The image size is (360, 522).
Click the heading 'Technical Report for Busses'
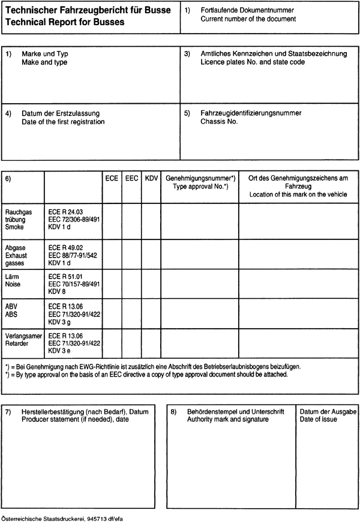click(x=64, y=22)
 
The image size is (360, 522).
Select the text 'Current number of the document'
click(x=248, y=19)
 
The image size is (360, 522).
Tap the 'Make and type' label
click(x=44, y=62)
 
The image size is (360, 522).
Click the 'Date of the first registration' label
click(x=63, y=122)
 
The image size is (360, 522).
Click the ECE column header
click(x=111, y=179)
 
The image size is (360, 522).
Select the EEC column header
click(x=131, y=179)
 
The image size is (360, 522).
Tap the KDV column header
click(x=151, y=179)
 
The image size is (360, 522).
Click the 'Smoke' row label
click(x=14, y=227)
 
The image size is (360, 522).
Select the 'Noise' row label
click(x=13, y=284)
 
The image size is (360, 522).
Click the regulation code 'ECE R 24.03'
click(x=66, y=212)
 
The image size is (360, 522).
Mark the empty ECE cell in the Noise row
click(x=111, y=283)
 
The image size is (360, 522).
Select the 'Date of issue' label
click(x=318, y=419)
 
